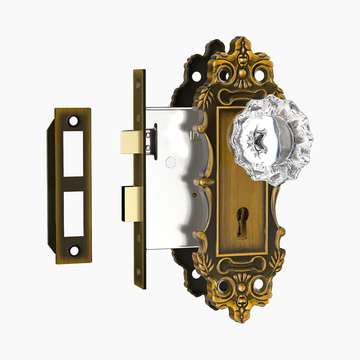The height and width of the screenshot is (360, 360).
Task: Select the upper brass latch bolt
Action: (x=131, y=142)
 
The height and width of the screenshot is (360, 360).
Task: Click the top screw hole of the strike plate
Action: (x=73, y=121)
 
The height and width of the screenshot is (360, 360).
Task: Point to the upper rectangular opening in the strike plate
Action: (x=73, y=154)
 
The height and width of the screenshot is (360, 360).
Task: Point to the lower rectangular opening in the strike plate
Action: (x=73, y=214)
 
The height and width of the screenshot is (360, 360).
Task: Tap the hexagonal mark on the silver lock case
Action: (x=170, y=162)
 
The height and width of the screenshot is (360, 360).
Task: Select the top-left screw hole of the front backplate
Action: (x=224, y=75)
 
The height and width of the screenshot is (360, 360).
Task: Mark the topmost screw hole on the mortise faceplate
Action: (x=138, y=83)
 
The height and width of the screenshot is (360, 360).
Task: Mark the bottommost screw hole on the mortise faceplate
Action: (x=138, y=271)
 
